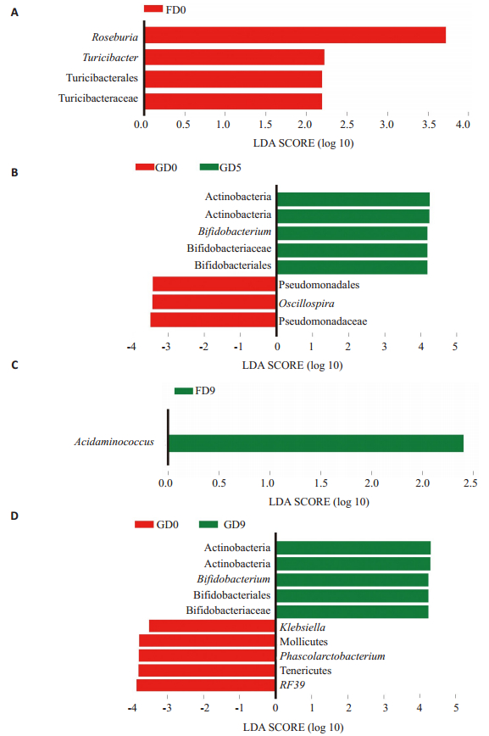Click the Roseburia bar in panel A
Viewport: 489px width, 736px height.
pyautogui.click(x=295, y=36)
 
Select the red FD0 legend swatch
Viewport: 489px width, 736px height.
pyautogui.click(x=153, y=9)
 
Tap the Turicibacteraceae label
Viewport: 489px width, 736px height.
pyautogui.click(x=98, y=98)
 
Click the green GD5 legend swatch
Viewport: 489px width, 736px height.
pyautogui.click(x=208, y=167)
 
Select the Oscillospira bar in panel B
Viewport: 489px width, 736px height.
pyautogui.click(x=214, y=302)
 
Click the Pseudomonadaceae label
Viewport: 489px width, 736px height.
pyautogui.click(x=323, y=321)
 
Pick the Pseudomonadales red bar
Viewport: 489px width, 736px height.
pyautogui.click(x=214, y=284)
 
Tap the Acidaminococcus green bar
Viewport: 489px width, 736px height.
pyautogui.click(x=316, y=443)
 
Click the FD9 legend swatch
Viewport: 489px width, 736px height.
pyautogui.click(x=184, y=391)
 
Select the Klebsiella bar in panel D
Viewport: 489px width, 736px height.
pyautogui.click(x=212, y=626)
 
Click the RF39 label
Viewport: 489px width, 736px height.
pyautogui.click(x=292, y=685)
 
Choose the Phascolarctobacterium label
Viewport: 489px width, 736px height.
pyautogui.click(x=332, y=656)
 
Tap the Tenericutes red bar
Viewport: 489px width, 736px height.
pyautogui.click(x=207, y=670)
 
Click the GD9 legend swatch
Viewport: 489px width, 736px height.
pyautogui.click(x=208, y=524)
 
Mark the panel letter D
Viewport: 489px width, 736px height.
pyautogui.click(x=14, y=516)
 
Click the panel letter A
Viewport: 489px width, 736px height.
pyautogui.click(x=14, y=12)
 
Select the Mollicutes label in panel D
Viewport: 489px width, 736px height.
pyautogui.click(x=303, y=642)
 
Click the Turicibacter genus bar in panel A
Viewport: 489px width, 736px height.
pyautogui.click(x=235, y=58)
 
